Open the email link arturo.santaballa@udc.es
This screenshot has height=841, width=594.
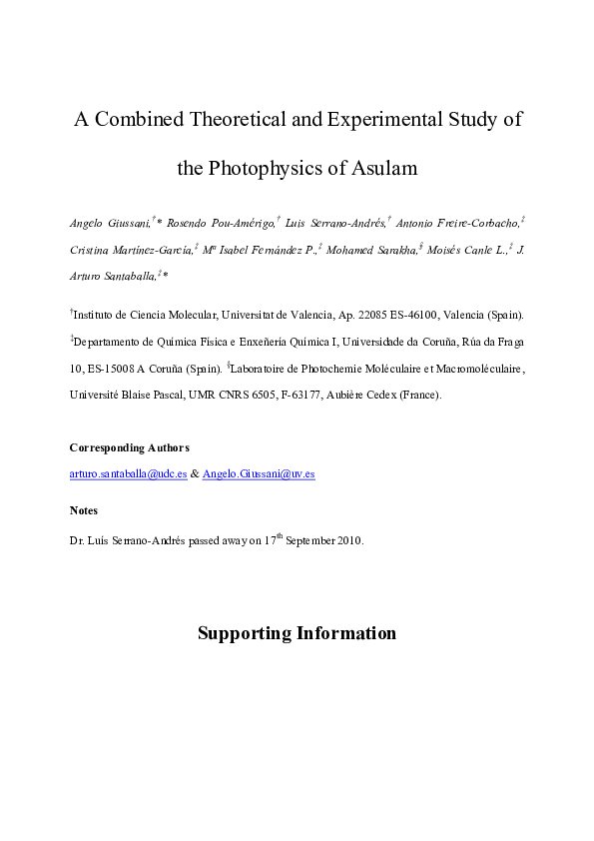(x=129, y=474)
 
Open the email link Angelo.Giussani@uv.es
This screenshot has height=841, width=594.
(x=259, y=474)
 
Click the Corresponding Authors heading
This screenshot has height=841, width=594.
(x=129, y=446)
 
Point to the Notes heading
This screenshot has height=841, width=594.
(x=84, y=510)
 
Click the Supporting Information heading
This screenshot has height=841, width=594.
(x=297, y=633)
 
